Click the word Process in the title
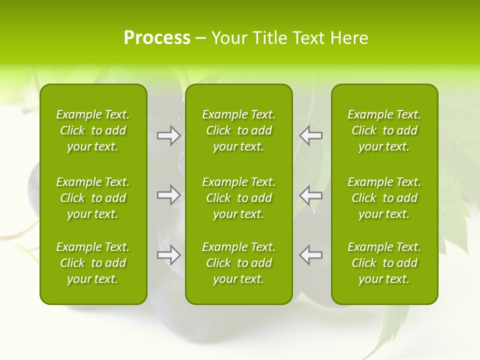pos(157,38)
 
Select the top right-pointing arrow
pos(168,135)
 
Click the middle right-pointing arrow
pos(168,195)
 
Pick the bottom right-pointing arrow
pos(168,255)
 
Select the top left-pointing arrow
pos(310,135)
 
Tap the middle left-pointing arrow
pos(310,195)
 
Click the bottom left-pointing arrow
pos(310,255)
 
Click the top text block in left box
pos(93,130)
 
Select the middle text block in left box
pos(93,198)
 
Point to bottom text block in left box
pos(93,263)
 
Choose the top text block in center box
pos(239,130)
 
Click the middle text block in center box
pos(239,198)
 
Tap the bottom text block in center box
pos(239,263)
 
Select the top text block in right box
pos(384,130)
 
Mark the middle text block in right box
pos(384,198)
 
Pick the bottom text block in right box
pos(384,263)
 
